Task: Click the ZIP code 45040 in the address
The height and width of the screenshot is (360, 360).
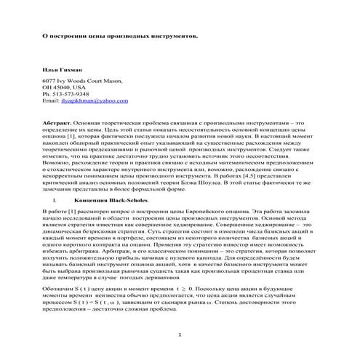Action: [63, 87]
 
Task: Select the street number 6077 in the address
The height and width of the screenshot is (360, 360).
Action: [50, 81]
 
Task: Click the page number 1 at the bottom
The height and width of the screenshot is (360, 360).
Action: [180, 334]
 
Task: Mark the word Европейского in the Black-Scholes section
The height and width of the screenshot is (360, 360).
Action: [212, 211]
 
